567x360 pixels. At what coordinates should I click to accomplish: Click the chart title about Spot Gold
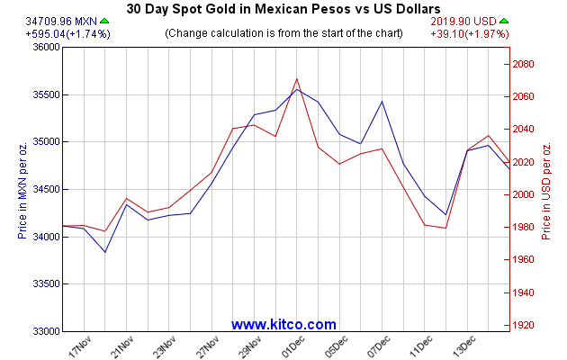283,9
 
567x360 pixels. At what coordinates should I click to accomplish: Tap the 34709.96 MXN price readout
61,22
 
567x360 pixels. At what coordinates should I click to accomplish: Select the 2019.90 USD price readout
463,22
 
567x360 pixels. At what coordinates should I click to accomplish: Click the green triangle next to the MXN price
104,21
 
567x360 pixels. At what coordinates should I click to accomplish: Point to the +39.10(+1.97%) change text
470,34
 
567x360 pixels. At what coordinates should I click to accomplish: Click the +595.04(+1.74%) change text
68,34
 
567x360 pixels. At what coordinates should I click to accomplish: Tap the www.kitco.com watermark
283,324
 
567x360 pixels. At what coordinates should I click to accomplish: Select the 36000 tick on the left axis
46,47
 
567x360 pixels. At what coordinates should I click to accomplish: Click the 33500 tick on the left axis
46,283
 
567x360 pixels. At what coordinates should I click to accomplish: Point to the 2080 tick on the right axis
523,64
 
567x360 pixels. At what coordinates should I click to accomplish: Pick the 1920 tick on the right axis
523,325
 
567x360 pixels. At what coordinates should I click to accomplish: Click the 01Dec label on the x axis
293,346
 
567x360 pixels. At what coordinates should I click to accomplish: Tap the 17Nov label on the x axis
80,346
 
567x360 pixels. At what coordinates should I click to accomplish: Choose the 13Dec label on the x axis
463,346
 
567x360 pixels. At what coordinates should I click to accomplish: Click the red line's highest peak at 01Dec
296,79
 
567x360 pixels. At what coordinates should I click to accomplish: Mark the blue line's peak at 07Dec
382,102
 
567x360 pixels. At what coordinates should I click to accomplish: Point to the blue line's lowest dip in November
105,252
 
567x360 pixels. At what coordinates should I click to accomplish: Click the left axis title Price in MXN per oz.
22,191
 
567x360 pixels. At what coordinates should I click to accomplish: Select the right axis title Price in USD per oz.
545,191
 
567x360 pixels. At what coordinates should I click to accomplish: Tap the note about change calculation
283,33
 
